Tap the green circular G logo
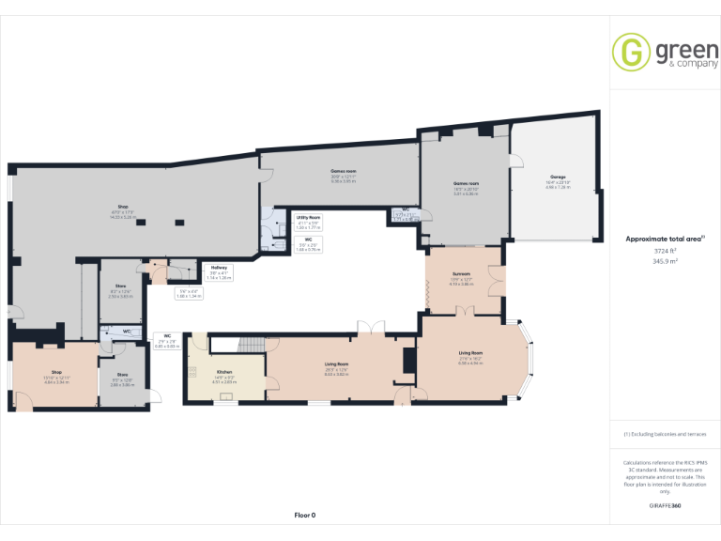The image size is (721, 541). (x=631, y=53)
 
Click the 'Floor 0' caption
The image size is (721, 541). (x=305, y=515)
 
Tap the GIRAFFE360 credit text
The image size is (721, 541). (x=665, y=505)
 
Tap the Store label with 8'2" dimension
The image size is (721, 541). (x=120, y=288)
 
